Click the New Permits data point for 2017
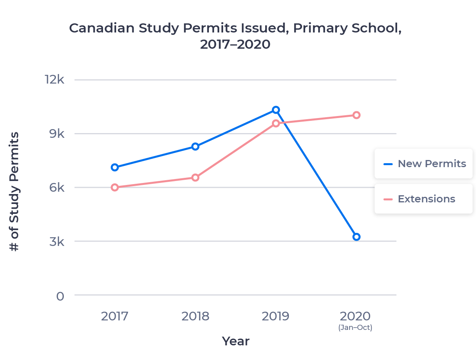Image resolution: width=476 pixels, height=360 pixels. click(115, 167)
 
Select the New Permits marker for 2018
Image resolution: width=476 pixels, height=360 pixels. click(195, 147)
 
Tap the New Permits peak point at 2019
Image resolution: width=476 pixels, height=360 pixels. click(276, 110)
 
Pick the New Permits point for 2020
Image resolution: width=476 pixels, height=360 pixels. click(356, 237)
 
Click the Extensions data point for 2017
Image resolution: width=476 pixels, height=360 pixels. click(115, 187)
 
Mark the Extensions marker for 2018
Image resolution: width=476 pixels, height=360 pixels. click(195, 177)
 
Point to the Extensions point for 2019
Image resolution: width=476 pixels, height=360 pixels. click(276, 124)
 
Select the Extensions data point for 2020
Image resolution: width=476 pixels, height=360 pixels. click(356, 115)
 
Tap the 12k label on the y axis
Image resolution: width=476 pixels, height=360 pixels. click(55, 80)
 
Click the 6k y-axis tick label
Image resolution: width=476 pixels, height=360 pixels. click(57, 187)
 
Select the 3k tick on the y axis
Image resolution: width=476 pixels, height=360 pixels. click(57, 241)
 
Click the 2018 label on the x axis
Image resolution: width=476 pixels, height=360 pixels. click(195, 316)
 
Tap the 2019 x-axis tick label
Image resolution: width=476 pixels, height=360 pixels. click(275, 316)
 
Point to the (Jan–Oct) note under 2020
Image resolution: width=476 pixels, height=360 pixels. click(355, 328)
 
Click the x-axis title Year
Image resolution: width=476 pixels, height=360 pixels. click(235, 341)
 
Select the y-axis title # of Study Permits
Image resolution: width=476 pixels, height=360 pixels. click(14, 192)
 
